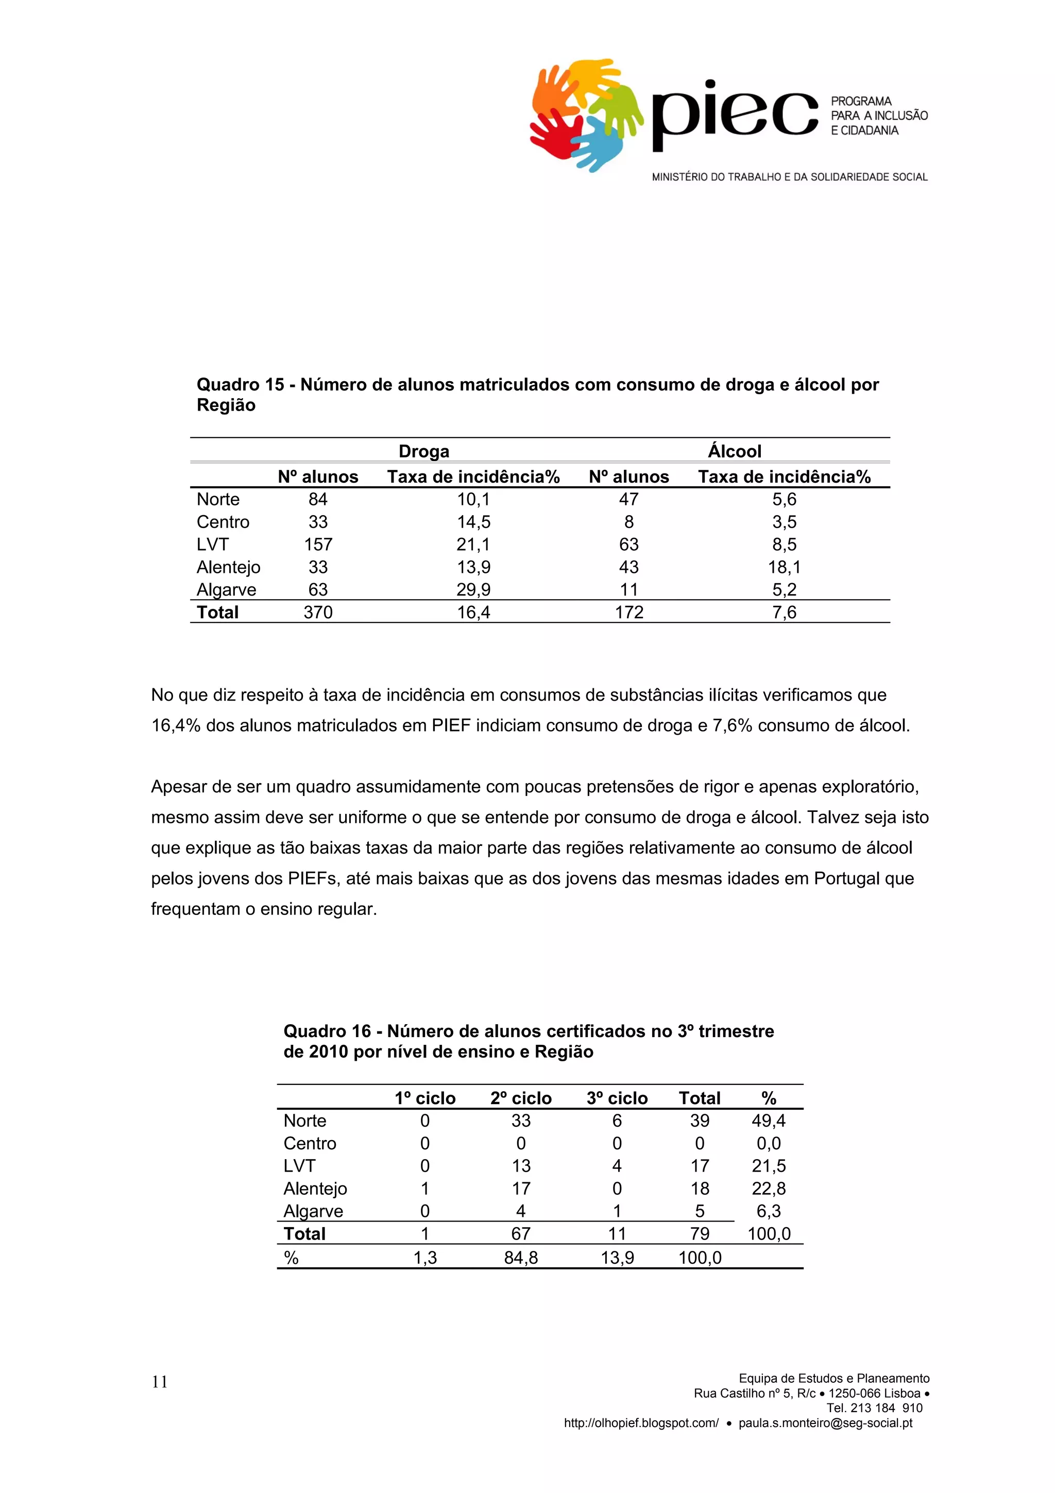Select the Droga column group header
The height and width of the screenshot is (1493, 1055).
pos(424,451)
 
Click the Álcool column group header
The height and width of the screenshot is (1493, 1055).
pos(735,451)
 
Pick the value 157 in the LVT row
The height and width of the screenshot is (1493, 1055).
pos(318,544)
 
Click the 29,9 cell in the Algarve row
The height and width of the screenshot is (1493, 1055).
pos(473,590)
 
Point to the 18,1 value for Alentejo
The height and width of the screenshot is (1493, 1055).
pos(784,567)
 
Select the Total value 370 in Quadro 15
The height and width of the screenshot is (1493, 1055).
pos(318,613)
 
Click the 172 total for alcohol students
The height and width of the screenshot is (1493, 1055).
pos(628,613)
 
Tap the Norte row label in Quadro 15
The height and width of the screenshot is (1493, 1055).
pos(218,499)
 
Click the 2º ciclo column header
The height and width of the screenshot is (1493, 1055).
pos(521,1098)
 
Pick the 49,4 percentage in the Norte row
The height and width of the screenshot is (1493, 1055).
pos(769,1121)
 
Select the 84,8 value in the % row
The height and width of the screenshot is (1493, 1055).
pos(521,1258)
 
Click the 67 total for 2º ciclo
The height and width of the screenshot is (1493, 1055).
pos(521,1234)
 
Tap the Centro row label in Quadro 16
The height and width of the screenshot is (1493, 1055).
pos(310,1144)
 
